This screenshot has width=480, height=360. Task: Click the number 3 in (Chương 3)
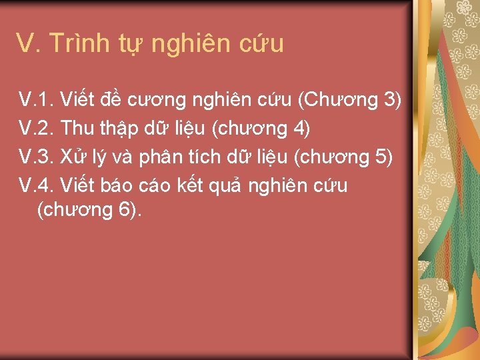(x=390, y=101)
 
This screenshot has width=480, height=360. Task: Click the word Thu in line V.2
(x=75, y=128)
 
